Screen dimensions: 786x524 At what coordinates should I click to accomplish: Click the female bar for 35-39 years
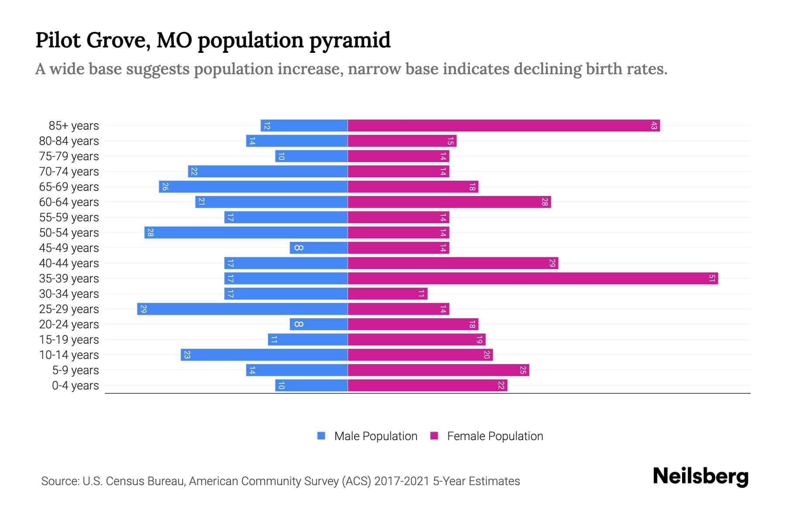click(533, 279)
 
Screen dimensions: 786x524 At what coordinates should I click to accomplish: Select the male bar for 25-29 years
click(242, 309)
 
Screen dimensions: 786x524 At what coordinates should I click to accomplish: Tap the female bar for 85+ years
click(503, 126)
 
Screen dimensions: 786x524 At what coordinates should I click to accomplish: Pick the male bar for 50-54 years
click(246, 233)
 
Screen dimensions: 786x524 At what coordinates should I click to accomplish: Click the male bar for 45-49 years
click(319, 248)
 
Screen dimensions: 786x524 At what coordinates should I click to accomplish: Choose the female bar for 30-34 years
click(387, 294)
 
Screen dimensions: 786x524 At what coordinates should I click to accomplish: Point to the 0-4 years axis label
click(75, 386)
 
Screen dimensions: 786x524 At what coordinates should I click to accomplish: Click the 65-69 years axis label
click(69, 187)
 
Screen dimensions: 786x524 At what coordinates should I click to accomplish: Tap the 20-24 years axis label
click(69, 324)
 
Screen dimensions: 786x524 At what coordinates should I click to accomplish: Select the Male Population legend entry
click(376, 436)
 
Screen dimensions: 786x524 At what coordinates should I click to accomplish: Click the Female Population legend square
click(434, 436)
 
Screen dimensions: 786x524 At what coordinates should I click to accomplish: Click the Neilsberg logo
click(700, 476)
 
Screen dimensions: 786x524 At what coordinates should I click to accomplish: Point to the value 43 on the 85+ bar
click(654, 126)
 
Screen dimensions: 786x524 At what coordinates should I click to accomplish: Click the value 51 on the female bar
click(712, 279)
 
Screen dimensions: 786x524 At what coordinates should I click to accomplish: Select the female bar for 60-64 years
click(449, 202)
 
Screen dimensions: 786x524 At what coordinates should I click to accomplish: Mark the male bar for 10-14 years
click(264, 355)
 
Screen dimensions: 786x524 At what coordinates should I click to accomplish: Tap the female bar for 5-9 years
click(438, 370)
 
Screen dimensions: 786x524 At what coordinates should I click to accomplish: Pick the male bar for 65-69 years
click(253, 187)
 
